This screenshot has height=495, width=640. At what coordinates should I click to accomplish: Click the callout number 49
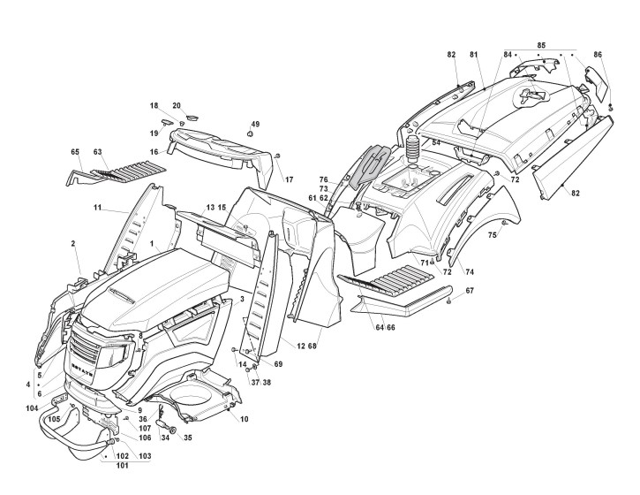255,124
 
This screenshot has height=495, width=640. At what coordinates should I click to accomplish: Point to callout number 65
75,151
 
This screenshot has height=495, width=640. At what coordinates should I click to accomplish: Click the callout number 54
435,141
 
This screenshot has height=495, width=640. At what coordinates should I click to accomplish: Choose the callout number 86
598,55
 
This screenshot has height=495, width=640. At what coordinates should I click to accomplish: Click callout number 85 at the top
541,44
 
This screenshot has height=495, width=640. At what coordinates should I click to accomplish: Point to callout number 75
493,235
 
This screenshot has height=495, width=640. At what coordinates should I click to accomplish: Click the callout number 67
470,291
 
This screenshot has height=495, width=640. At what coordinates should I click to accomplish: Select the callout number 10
244,418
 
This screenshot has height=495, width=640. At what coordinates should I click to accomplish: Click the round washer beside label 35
172,430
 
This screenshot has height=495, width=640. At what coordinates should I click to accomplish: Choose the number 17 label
288,179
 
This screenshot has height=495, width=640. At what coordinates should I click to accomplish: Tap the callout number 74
470,273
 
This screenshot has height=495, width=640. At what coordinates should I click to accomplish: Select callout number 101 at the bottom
122,465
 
